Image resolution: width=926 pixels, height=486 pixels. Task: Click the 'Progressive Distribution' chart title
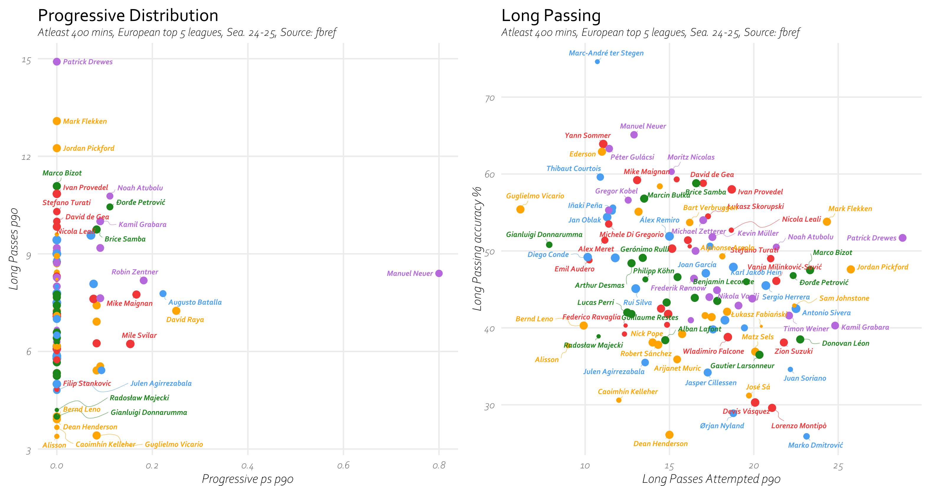(128, 16)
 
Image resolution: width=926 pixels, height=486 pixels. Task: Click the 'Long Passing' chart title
(551, 16)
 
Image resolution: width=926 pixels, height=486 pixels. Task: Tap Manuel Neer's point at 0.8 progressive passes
(439, 274)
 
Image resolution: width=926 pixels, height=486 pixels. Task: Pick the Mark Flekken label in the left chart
(85, 122)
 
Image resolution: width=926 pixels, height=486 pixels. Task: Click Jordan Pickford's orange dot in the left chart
(57, 148)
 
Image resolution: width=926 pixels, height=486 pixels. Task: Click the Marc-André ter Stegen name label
(606, 53)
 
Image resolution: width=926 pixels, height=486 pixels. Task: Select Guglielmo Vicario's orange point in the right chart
(520, 209)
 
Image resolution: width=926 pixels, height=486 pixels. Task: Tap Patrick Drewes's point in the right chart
(902, 238)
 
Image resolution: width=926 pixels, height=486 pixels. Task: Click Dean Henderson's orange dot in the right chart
(669, 435)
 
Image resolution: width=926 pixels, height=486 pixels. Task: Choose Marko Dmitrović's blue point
(807, 436)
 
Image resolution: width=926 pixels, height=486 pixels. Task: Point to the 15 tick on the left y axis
(26, 60)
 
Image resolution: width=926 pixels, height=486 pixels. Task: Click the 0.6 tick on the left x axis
(343, 466)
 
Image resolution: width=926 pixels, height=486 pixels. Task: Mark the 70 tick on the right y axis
(490, 98)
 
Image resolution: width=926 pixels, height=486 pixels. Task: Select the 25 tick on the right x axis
(838, 466)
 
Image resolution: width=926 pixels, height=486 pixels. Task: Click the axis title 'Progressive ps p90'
(248, 479)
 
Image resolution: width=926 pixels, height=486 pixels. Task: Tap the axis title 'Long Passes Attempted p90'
(711, 479)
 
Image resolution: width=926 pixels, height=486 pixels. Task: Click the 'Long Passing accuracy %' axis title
(477, 249)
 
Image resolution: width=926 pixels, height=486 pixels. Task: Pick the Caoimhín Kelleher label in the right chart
(628, 392)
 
